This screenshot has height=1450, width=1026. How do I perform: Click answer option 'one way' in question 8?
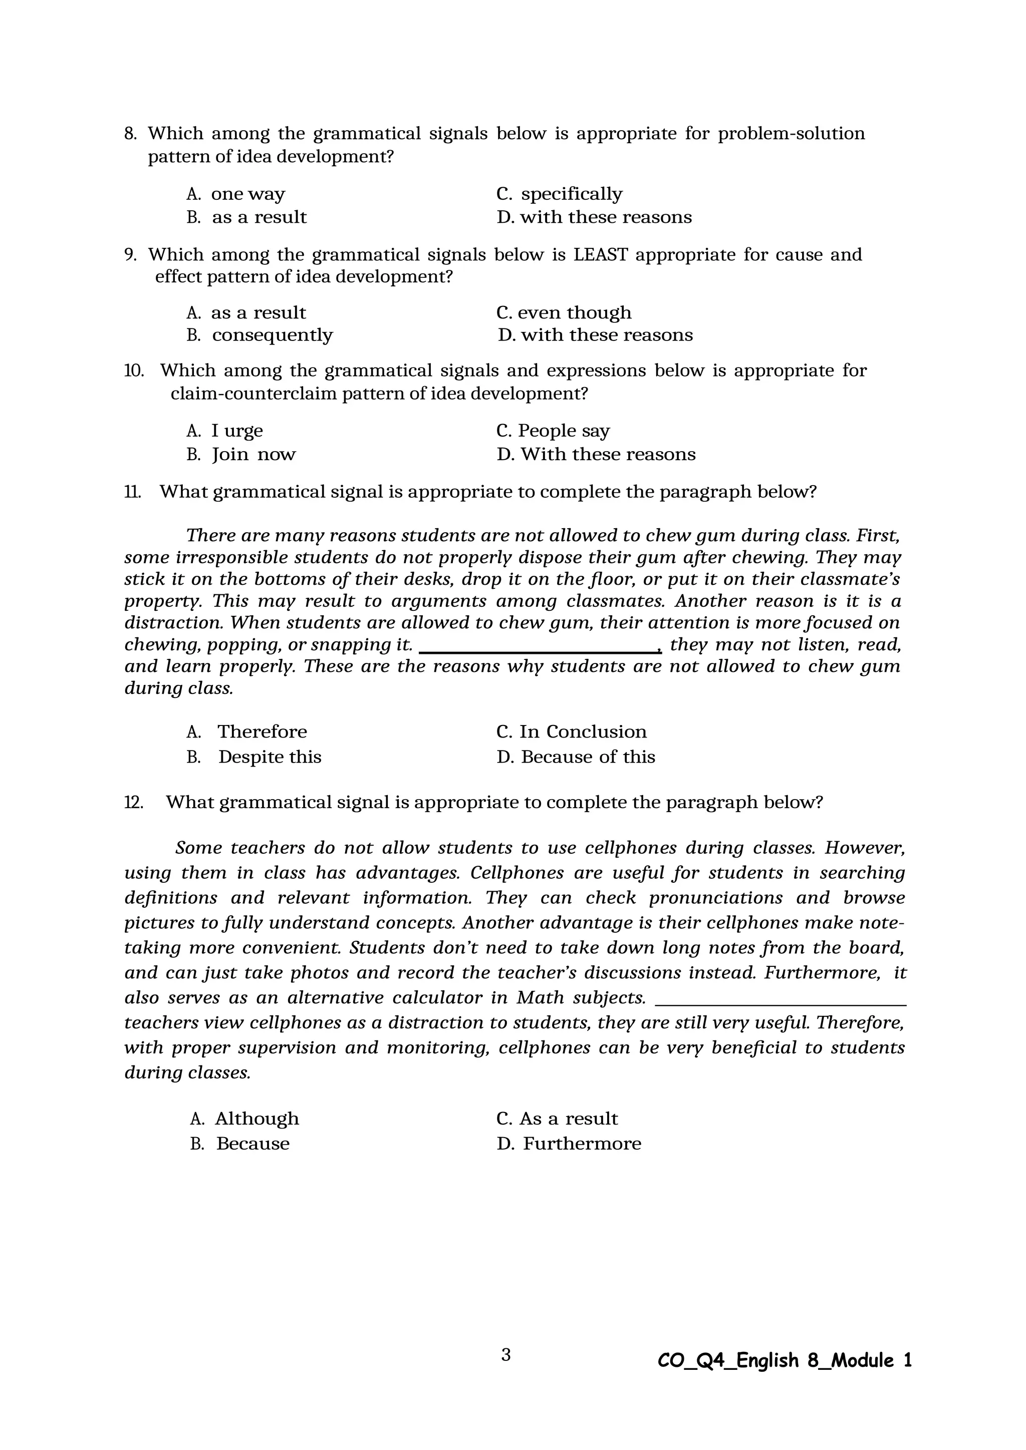247,194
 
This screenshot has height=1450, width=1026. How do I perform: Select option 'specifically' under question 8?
571,194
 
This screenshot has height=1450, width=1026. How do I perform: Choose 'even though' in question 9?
574,312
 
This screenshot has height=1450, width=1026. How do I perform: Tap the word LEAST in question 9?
600,254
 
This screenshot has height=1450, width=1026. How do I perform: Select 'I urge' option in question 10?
237,431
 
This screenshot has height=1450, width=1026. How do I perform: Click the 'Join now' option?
253,455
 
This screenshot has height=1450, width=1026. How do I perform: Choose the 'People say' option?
564,431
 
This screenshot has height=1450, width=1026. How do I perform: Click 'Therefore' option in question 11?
262,732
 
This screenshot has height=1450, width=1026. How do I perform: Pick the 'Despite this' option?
270,757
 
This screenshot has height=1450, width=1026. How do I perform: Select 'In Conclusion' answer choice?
583,732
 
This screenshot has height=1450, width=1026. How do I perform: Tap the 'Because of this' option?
588,757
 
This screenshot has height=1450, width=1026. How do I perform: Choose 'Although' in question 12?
256,1119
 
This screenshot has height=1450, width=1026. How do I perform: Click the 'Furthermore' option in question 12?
581,1144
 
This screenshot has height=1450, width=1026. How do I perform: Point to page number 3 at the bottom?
505,1356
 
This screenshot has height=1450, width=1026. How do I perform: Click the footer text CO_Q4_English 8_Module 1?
785,1360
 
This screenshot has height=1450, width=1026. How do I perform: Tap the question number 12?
133,803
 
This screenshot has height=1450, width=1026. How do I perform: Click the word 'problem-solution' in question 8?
791,134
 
